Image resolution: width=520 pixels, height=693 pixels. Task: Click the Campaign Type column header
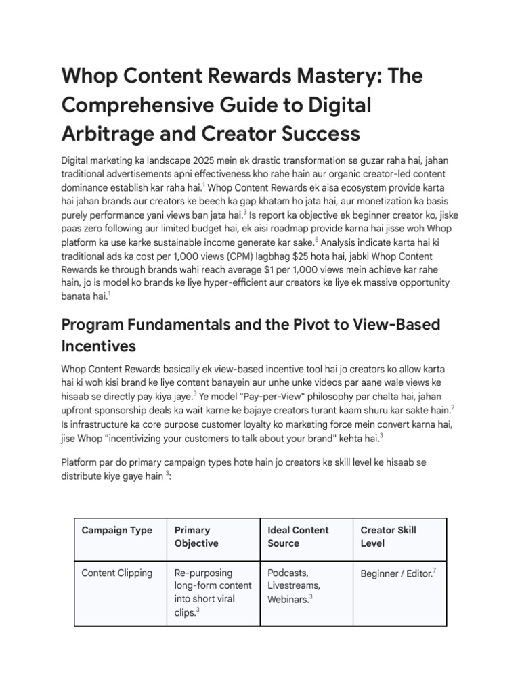[116, 530]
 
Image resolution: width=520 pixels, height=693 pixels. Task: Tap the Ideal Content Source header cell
[298, 537]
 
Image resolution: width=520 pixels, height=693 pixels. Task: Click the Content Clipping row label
[116, 573]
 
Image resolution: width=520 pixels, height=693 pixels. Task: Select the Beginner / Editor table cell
[396, 573]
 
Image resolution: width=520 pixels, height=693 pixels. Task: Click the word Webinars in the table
[288, 599]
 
